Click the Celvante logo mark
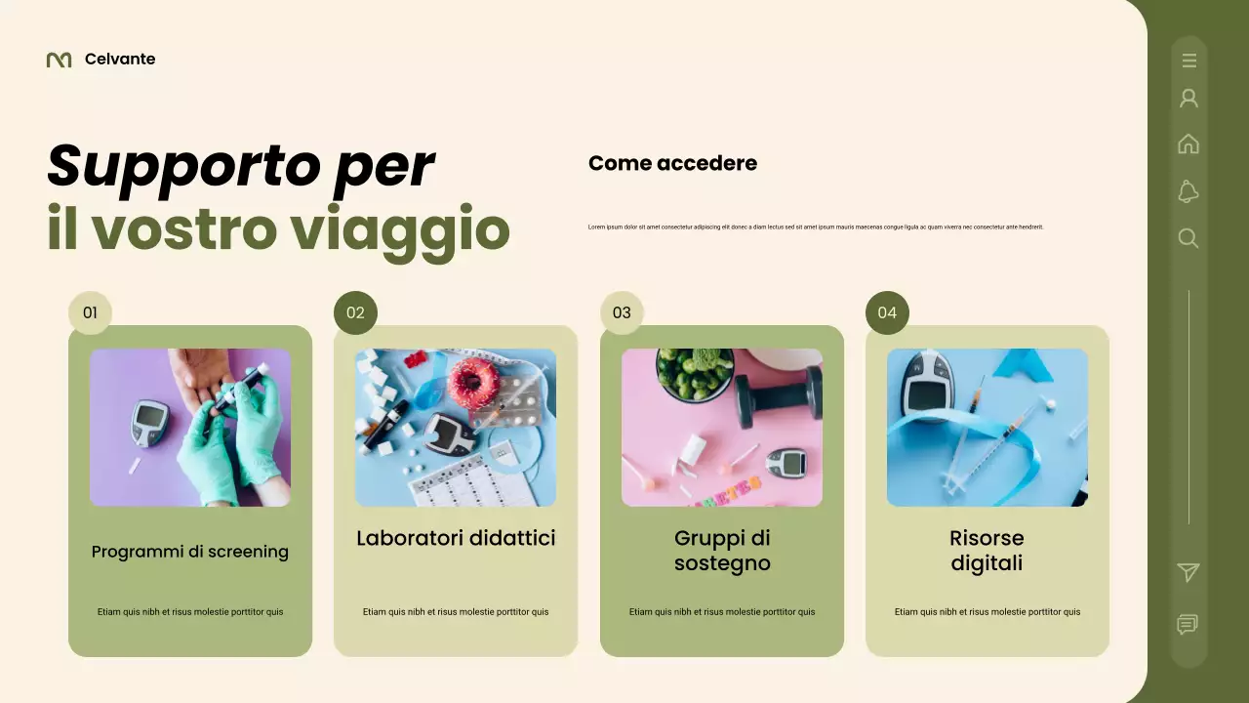click(x=59, y=60)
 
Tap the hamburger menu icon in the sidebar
click(x=1189, y=61)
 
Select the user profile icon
click(x=1189, y=99)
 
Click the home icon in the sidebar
click(x=1189, y=145)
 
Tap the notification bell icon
click(x=1189, y=191)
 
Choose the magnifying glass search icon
click(x=1189, y=238)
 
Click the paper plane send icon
click(x=1189, y=573)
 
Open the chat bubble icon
click(x=1188, y=625)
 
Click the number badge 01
click(x=90, y=312)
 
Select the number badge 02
click(x=355, y=312)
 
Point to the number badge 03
click(x=622, y=312)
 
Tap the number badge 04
click(x=887, y=312)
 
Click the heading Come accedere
click(x=672, y=163)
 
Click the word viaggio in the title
click(x=400, y=229)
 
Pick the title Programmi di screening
click(x=190, y=552)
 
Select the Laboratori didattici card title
click(x=456, y=538)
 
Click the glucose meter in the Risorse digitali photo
click(x=926, y=386)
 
